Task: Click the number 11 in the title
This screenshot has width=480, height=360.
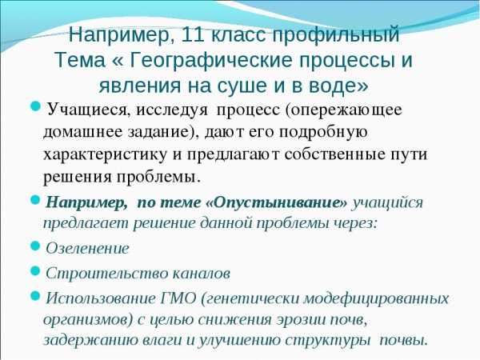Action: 192,34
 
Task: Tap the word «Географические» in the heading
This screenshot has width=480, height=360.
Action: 211,60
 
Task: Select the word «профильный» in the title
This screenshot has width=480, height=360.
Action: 336,35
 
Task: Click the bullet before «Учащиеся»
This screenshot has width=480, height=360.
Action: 36,107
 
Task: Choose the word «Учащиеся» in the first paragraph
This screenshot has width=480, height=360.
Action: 86,110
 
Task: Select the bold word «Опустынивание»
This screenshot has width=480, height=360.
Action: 278,202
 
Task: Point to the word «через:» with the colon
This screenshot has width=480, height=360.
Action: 356,223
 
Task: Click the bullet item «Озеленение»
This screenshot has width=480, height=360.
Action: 87,248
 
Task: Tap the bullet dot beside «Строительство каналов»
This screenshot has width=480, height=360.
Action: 36,270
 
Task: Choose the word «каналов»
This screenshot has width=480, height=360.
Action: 202,274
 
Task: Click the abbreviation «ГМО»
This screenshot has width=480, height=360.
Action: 178,298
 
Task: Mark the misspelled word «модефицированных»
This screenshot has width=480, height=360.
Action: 376,299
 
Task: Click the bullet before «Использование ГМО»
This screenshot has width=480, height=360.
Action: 36,295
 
